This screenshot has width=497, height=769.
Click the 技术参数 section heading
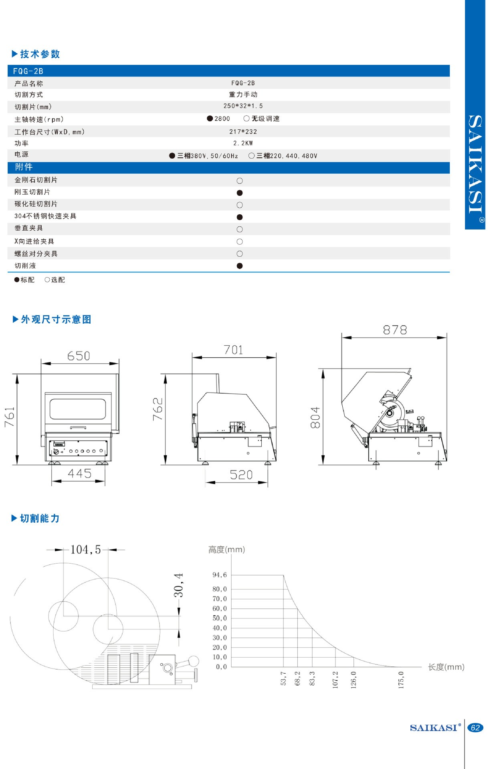tap(40, 54)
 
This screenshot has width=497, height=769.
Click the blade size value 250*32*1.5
tap(243, 106)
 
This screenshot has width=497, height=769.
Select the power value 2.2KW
tap(243, 143)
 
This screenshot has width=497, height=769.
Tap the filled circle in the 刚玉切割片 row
tap(240, 193)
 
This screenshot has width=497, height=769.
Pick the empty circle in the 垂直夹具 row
tap(240, 229)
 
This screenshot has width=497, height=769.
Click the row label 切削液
tap(25, 266)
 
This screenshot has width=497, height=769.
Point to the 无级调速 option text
tap(265, 119)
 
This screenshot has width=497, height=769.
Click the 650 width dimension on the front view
tap(79, 356)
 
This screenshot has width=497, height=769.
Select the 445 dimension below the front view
tap(80, 474)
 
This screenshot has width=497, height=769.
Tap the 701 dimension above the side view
tap(234, 350)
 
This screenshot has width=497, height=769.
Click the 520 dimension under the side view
tap(241, 475)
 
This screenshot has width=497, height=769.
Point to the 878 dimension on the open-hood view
tap(395, 330)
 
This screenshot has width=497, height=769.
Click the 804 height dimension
tap(315, 418)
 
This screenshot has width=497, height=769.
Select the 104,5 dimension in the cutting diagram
tap(85, 550)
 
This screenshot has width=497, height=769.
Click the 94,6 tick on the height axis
tap(220, 575)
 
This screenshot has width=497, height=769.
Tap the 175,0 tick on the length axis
tap(401, 680)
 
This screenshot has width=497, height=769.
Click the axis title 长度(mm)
tap(446, 667)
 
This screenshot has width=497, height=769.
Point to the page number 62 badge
tap(475, 728)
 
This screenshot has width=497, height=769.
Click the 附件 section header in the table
tap(24, 167)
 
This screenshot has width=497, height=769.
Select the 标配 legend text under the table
tap(27, 280)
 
